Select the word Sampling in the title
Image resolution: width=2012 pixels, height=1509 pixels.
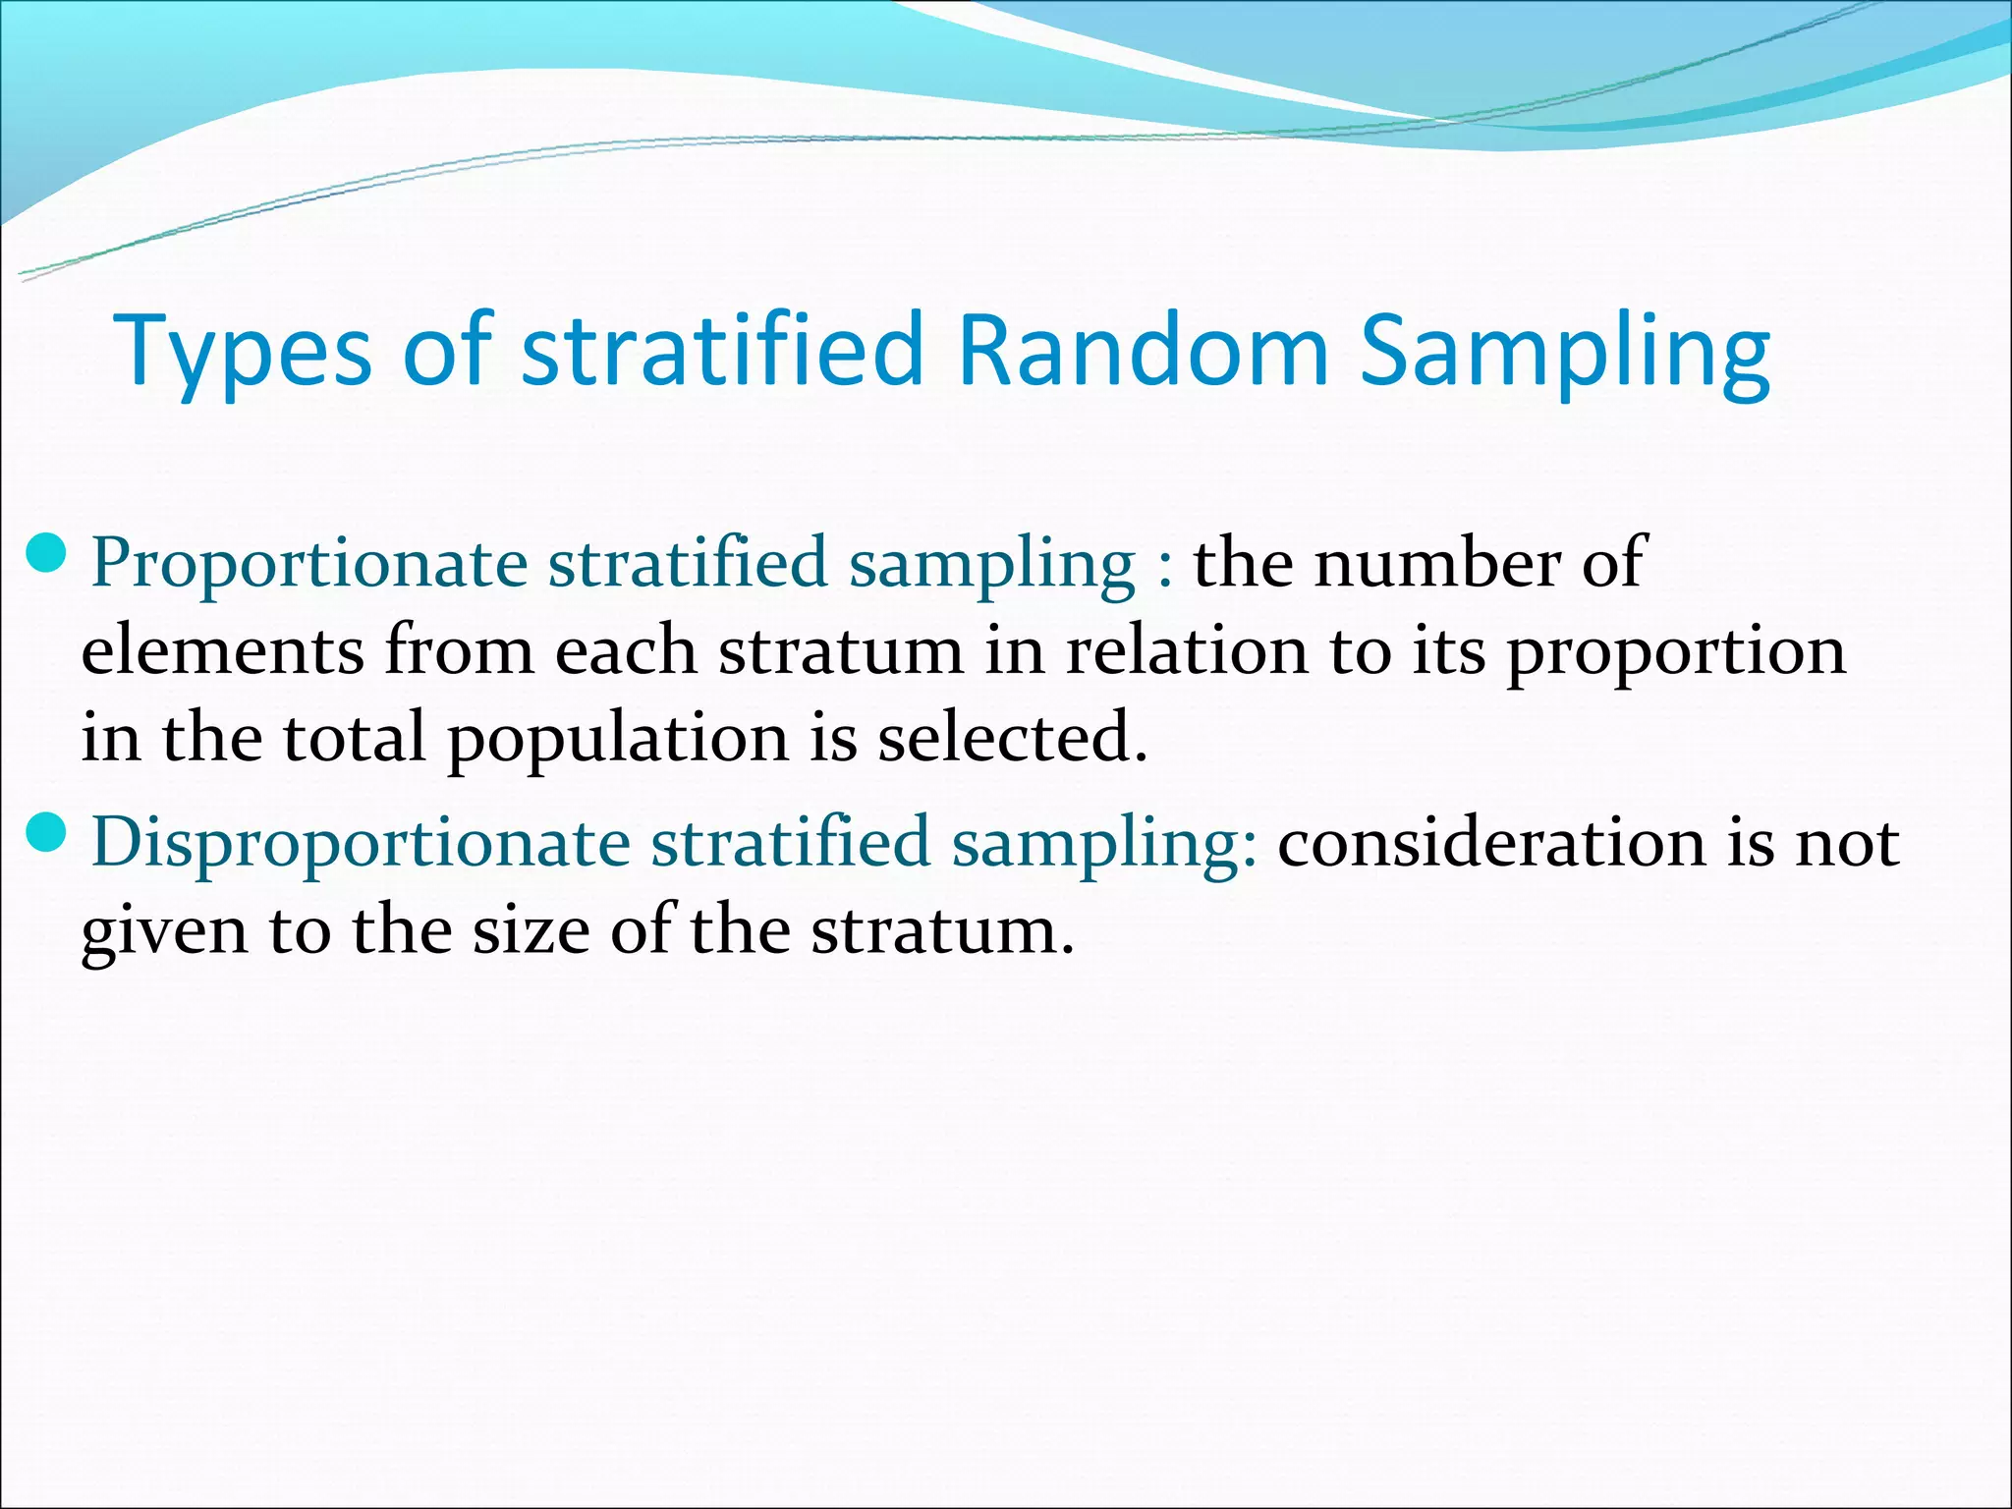point(1565,351)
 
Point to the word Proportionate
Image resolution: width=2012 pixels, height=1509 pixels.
point(309,565)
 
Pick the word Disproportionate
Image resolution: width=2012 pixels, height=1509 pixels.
point(361,844)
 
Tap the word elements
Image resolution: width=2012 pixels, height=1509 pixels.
point(222,651)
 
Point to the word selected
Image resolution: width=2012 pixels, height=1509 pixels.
point(1012,738)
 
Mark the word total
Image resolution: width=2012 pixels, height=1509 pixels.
point(354,738)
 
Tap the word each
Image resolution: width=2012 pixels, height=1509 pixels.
point(625,651)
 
